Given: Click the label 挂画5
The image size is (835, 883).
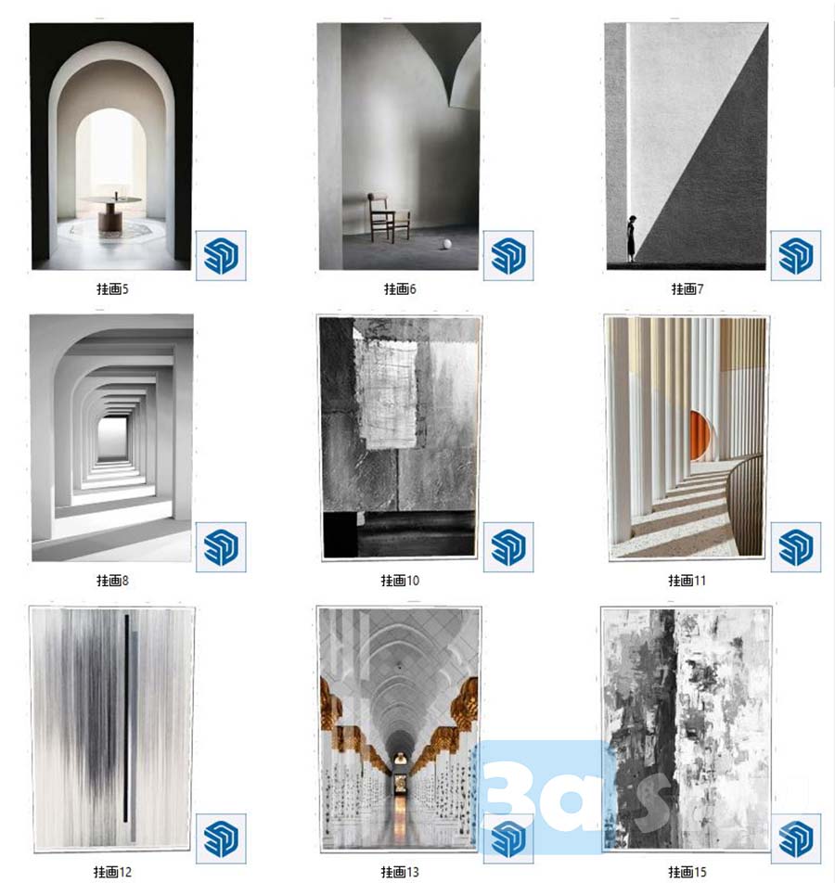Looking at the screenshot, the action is point(112,289).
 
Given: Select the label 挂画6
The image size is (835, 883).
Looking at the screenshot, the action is point(400,289).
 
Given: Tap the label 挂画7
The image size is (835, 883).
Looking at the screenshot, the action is point(687,289).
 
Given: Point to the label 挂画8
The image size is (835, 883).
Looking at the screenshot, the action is point(112,581).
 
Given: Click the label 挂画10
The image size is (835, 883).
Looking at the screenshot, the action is point(400,581).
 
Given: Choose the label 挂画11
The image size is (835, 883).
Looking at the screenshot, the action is point(687,581).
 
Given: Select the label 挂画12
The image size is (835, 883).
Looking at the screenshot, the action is point(112,872).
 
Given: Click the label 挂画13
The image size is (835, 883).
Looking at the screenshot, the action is point(400,872).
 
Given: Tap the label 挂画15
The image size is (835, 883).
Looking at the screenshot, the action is point(687,872).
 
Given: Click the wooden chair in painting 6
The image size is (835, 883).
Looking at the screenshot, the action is point(389,218).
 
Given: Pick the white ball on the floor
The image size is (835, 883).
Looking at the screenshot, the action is point(447,245).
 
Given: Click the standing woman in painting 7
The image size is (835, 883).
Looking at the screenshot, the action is point(632,238).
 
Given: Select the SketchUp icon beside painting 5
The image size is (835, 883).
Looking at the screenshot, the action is point(221,256).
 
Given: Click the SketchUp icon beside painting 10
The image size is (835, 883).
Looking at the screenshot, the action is point(508,547).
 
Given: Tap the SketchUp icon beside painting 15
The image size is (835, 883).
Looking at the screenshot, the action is point(795,838).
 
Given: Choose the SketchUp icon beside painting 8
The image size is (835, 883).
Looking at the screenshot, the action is point(221,547).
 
